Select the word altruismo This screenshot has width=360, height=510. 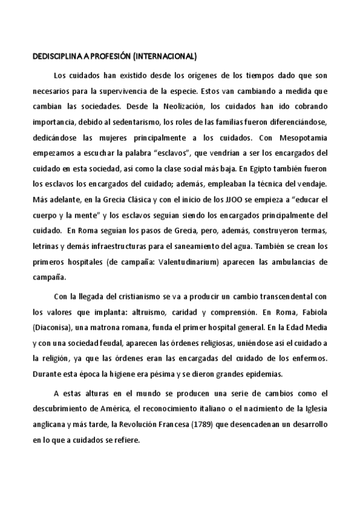pos(153,312)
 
